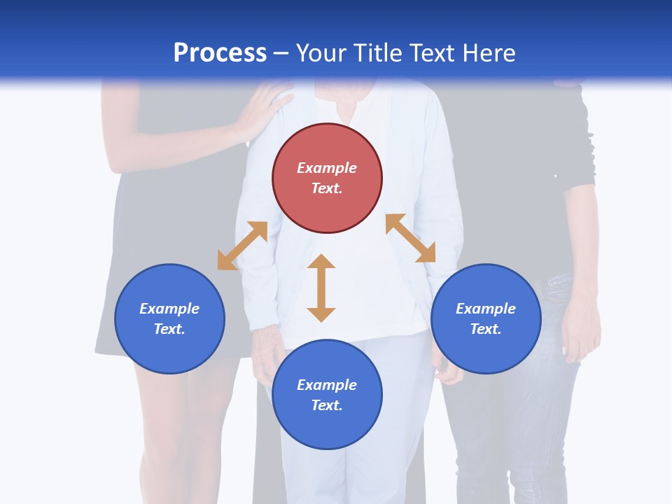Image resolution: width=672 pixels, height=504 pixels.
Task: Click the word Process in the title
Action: (x=220, y=53)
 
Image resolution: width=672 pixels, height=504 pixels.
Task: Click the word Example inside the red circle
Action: (x=327, y=168)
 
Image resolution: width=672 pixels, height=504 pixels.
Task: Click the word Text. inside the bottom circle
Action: (x=327, y=405)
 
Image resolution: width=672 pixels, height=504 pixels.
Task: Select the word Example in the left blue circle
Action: (x=169, y=309)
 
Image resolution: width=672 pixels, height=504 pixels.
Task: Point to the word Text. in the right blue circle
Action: (x=486, y=329)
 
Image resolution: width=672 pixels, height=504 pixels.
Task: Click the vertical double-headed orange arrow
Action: (x=321, y=288)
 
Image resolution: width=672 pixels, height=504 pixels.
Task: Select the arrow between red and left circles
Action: (x=242, y=246)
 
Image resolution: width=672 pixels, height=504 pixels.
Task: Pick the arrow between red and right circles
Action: (x=410, y=238)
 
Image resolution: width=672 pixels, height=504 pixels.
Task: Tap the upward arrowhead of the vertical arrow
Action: (x=321, y=261)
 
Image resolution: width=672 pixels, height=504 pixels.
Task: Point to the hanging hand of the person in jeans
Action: (x=581, y=336)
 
